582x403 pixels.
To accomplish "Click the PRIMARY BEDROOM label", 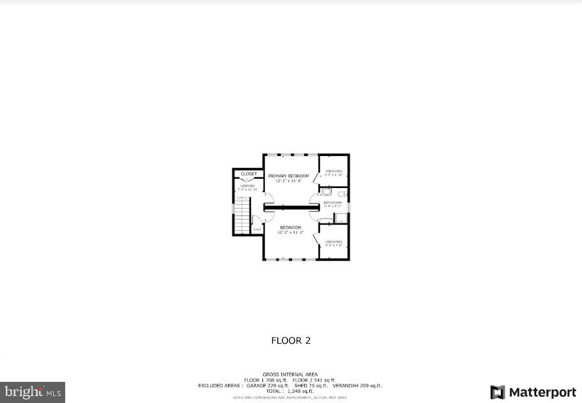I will [x=289, y=175].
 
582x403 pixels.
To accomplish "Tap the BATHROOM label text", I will [x=332, y=202].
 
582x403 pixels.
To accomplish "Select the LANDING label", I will [x=248, y=186].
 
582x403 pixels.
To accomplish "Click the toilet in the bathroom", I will [x=341, y=193].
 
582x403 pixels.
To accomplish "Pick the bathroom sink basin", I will [x=326, y=193].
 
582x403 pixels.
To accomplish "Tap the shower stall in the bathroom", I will [x=341, y=218].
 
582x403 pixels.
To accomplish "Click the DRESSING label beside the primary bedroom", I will [x=333, y=171].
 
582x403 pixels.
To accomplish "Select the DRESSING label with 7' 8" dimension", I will [x=333, y=242].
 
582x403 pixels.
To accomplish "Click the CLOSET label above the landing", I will [x=249, y=174].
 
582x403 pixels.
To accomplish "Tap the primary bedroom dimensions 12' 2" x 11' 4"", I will [x=289, y=181].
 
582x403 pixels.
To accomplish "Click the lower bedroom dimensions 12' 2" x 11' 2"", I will [x=290, y=233].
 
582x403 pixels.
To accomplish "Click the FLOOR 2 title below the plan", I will [x=290, y=341].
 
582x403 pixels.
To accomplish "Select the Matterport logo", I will [x=533, y=392].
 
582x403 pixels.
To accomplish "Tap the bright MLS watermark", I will [x=33, y=392].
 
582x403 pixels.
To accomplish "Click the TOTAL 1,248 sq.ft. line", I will [x=290, y=391].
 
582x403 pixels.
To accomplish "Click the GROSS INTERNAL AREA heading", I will [x=290, y=374].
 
